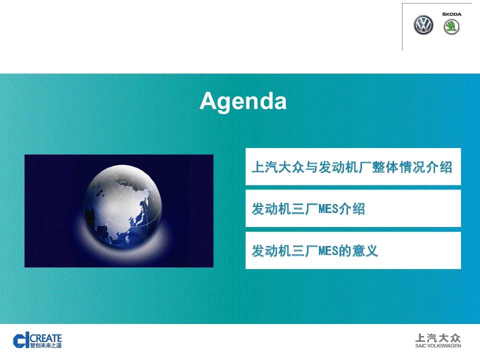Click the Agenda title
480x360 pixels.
(243, 101)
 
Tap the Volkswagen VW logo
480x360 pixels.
(423, 25)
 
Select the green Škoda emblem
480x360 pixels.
(451, 27)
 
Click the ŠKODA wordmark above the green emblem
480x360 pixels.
(451, 14)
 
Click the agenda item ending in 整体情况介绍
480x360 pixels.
(352, 167)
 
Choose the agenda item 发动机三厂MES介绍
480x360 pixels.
(308, 209)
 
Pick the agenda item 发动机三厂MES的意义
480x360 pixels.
(314, 250)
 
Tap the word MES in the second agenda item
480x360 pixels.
(328, 209)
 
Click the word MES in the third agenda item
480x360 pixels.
(328, 251)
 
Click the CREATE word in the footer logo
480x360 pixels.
(46, 338)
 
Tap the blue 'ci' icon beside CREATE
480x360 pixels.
(21, 340)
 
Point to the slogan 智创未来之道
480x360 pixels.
(46, 345)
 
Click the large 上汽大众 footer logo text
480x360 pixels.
(438, 338)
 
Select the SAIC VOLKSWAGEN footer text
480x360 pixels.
(438, 346)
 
